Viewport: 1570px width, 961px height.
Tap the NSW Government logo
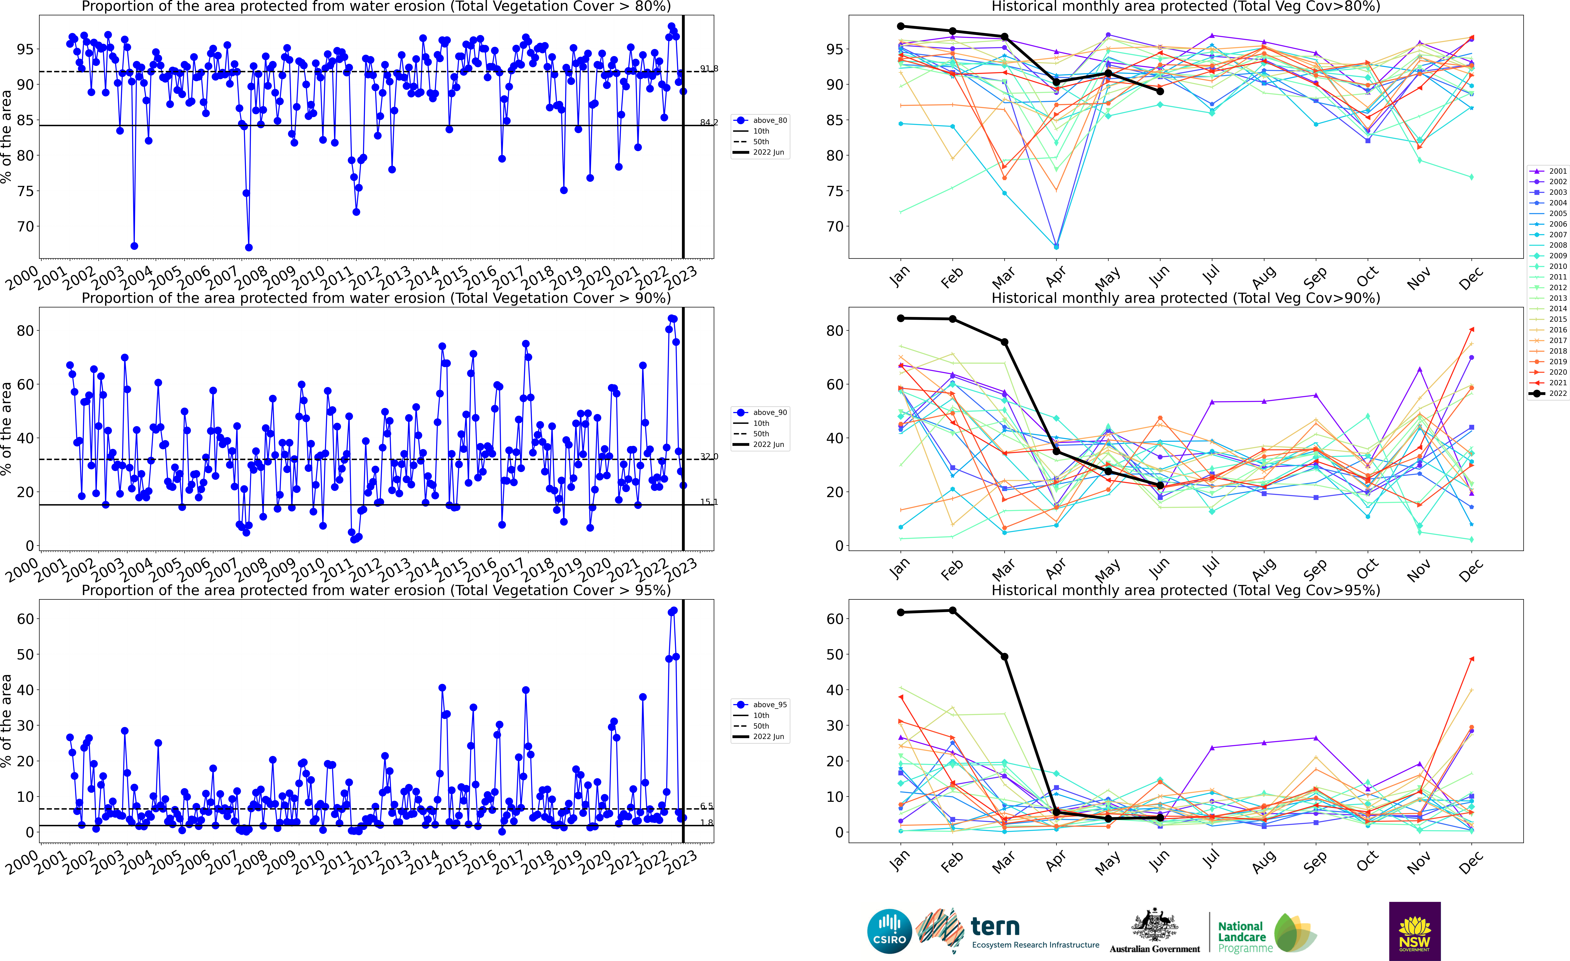(x=1415, y=931)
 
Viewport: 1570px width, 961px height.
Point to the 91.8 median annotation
(x=709, y=68)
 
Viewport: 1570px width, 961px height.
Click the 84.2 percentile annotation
(x=709, y=122)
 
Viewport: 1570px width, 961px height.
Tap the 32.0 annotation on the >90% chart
(x=709, y=456)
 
